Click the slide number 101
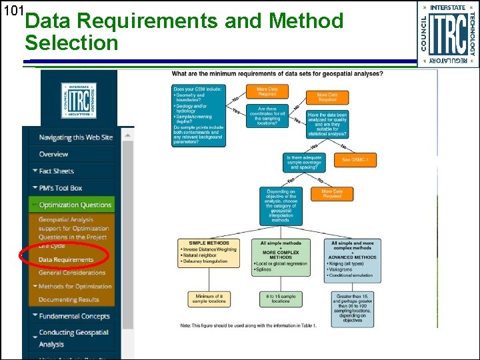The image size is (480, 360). [x=13, y=11]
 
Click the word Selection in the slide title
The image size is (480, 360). [x=71, y=43]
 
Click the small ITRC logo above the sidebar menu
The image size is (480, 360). [x=79, y=101]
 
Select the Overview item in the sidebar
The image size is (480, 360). [x=53, y=154]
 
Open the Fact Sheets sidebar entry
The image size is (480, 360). [x=56, y=171]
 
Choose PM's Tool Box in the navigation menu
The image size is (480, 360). [x=60, y=188]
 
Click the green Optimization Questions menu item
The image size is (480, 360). [x=75, y=205]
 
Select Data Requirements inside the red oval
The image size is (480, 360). [x=66, y=259]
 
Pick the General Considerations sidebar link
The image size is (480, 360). [x=72, y=273]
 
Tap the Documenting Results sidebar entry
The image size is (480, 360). [x=69, y=300]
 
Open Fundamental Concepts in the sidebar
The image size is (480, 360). [x=73, y=316]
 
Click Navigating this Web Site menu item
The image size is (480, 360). [x=75, y=137]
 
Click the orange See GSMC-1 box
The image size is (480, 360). [x=360, y=160]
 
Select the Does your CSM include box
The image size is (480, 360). [x=199, y=116]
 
